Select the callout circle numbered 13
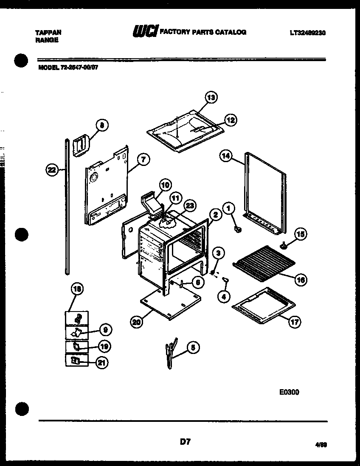coord(211,98)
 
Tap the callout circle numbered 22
coord(52,170)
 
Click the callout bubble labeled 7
coord(143,160)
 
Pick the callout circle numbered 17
coord(294,322)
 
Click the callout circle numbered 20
coord(136,322)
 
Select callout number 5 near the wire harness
coord(193,348)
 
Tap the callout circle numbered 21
coord(102,362)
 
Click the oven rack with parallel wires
coord(263,263)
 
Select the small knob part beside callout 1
coord(238,230)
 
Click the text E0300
coord(289,392)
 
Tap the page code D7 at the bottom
coord(185,442)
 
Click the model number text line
coord(68,67)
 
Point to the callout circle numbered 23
coord(189,206)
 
